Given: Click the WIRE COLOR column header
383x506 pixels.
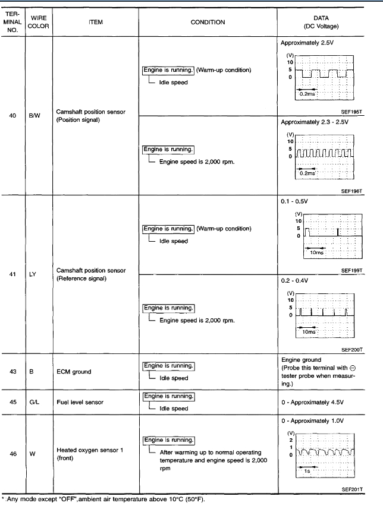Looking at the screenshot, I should point(39,22).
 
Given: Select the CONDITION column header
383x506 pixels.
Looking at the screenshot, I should point(208,22).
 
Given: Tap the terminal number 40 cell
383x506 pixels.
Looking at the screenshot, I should point(12,115).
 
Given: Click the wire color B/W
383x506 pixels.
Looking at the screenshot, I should point(34,115).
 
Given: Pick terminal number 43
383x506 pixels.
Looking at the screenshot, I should point(12,372).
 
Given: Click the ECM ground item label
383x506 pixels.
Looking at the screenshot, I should point(74,372).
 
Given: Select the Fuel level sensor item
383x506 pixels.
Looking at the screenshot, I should point(80,402).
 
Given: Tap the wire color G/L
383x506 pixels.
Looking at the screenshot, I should point(34,402).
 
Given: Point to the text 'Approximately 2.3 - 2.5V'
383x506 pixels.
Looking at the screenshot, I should point(315,122).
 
